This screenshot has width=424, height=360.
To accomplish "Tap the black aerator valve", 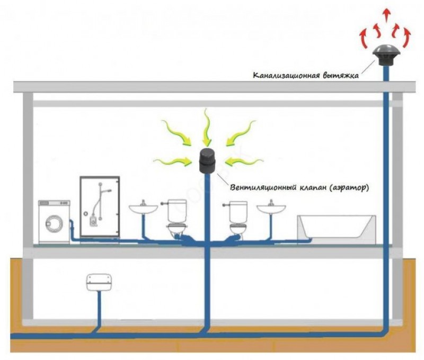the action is tap(207, 161).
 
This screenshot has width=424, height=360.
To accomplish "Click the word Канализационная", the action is tap(286, 75).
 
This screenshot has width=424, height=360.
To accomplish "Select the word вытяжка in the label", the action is tap(341, 75).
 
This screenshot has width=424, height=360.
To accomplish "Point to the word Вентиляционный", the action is tap(263, 187).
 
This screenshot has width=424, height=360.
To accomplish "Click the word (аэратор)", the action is tap(349, 188).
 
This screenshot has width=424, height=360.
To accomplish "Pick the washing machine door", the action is tap(54, 224).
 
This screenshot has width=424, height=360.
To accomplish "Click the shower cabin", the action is tap(100, 207).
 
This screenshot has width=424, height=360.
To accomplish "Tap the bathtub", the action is tap(337, 227).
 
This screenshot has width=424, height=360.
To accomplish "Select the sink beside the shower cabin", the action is tap(143, 209).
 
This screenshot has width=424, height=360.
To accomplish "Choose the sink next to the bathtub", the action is tap(271, 209).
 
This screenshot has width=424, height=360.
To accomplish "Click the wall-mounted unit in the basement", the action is tap(99, 283).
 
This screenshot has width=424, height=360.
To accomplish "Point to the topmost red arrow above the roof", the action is tap(387, 15).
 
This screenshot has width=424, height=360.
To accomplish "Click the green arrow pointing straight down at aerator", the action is tap(207, 127).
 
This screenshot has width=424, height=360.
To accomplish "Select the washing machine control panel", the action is tap(55, 203).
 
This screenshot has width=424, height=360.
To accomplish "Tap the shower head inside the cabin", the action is tap(108, 191).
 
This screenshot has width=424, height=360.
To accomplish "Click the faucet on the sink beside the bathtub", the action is tap(271, 203).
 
